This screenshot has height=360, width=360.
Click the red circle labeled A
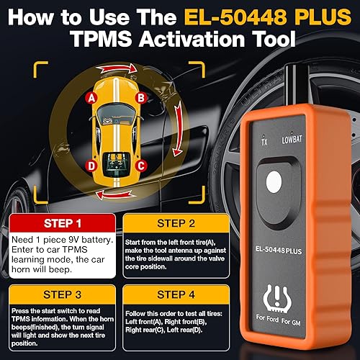tap(91, 96)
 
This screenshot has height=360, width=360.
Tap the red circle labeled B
tap(142, 96)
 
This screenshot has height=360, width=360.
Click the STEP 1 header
tap(61, 204)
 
